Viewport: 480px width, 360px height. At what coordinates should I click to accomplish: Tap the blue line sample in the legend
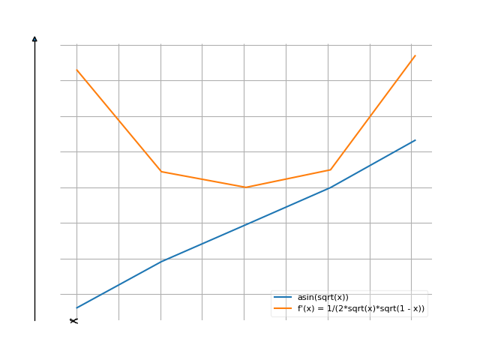[283, 298]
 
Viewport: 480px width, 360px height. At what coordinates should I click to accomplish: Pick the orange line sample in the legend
[283, 308]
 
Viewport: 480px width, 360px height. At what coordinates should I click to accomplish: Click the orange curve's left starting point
[76, 70]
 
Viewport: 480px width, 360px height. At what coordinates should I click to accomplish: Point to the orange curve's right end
[415, 55]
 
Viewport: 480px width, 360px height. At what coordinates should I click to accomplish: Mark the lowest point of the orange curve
[245, 187]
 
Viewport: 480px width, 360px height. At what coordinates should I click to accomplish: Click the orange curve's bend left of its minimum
[161, 172]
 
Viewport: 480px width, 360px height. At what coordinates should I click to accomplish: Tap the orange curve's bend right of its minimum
[330, 169]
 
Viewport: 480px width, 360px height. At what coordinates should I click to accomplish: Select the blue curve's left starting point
[76, 307]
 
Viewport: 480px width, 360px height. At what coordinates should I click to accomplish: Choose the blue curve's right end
[415, 139]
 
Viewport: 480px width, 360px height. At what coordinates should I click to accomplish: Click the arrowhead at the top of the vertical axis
[34, 38]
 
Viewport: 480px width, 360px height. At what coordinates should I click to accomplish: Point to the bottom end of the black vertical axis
[34, 320]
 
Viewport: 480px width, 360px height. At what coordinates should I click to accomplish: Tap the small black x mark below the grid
[73, 321]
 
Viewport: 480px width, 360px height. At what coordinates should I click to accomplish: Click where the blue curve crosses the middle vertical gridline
[245, 224]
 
